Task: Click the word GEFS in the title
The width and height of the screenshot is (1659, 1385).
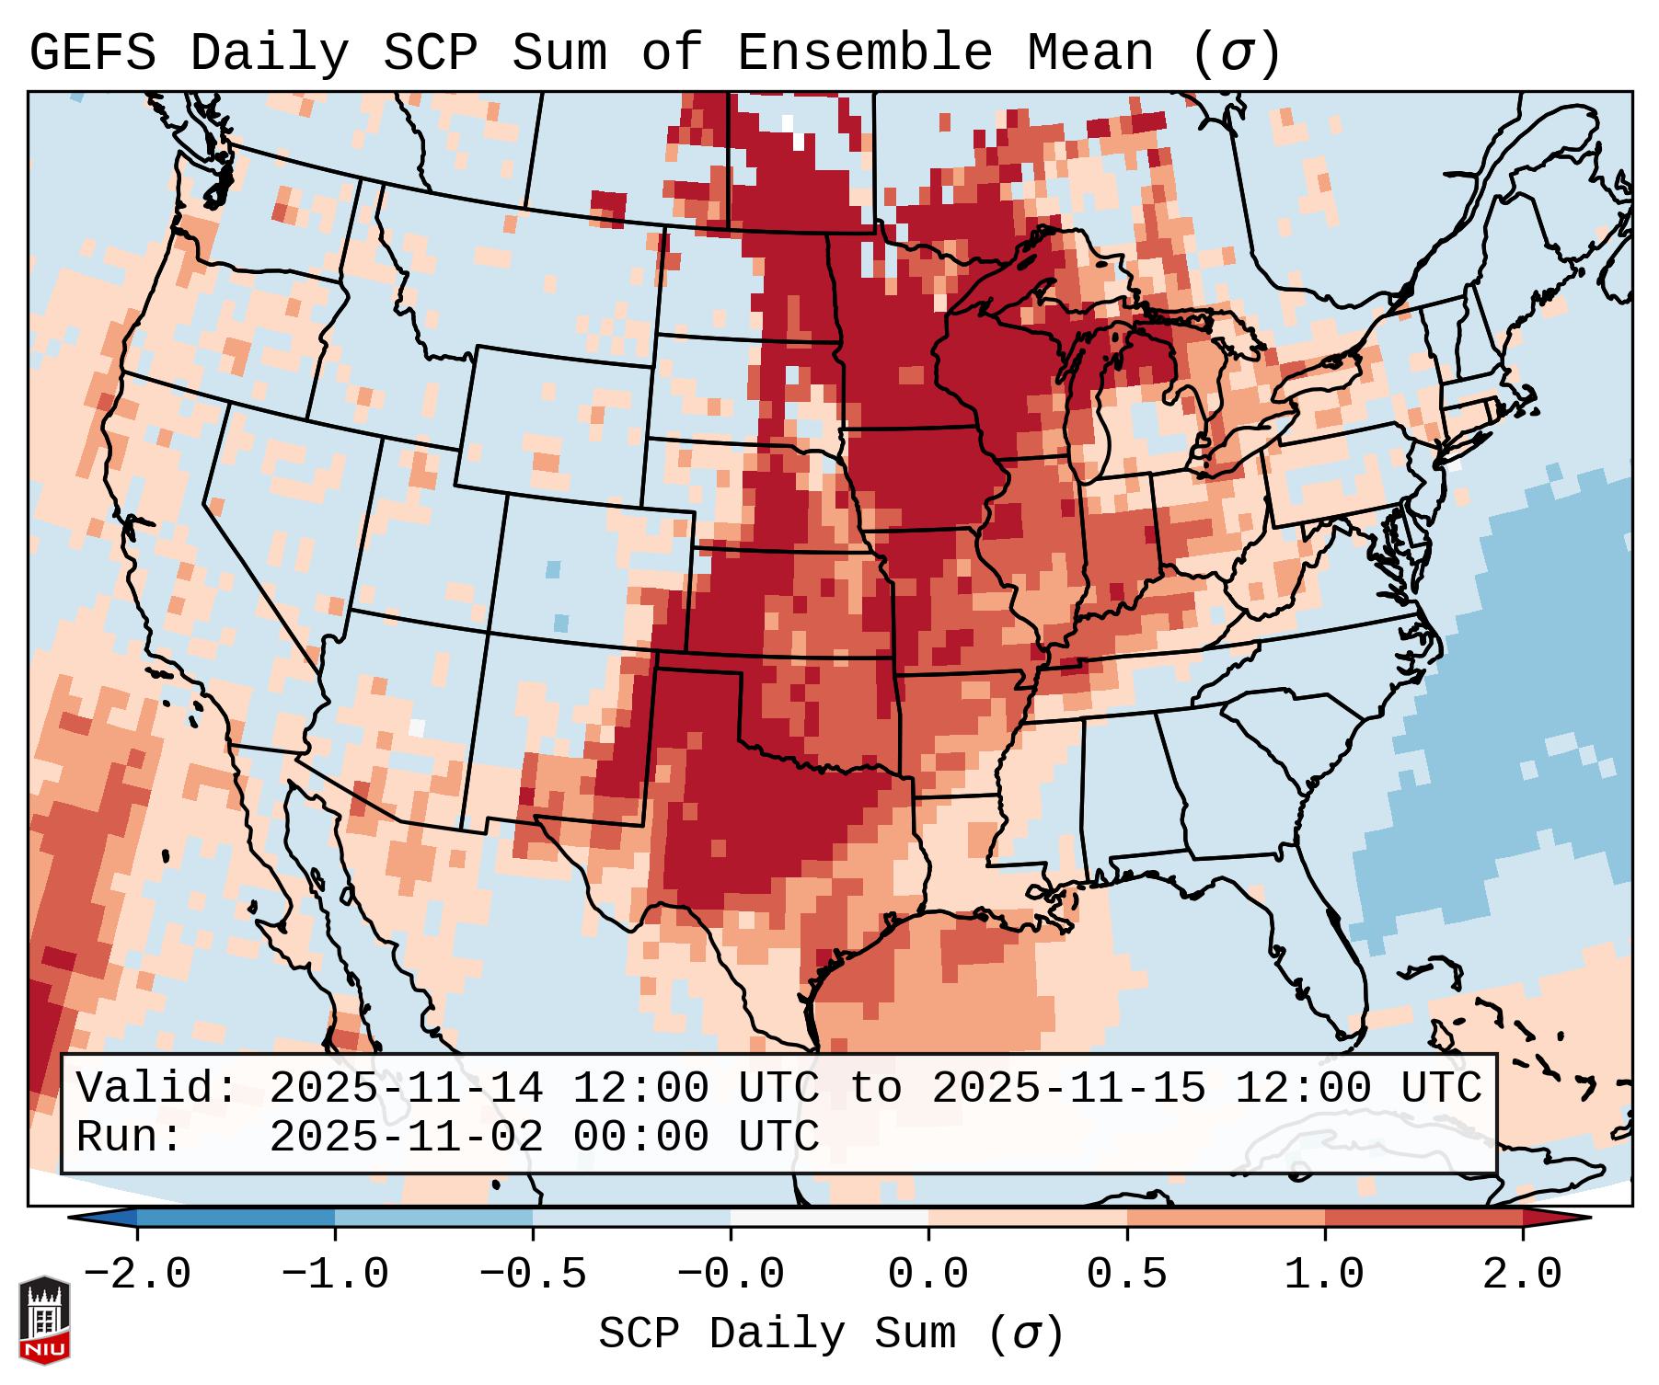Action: click(x=92, y=53)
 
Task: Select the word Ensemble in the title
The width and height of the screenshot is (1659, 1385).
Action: click(x=865, y=53)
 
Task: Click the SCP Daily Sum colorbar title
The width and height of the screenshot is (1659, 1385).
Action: click(x=831, y=1334)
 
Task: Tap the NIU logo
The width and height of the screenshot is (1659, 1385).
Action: click(x=44, y=1321)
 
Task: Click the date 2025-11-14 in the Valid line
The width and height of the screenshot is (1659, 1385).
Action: click(x=406, y=1089)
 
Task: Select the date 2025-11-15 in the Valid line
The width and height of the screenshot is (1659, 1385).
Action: click(x=1068, y=1089)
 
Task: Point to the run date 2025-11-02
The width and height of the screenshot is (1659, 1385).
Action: click(x=406, y=1138)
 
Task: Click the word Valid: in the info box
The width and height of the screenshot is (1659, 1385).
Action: click(x=156, y=1089)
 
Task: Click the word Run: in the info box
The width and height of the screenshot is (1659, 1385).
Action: click(x=129, y=1138)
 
